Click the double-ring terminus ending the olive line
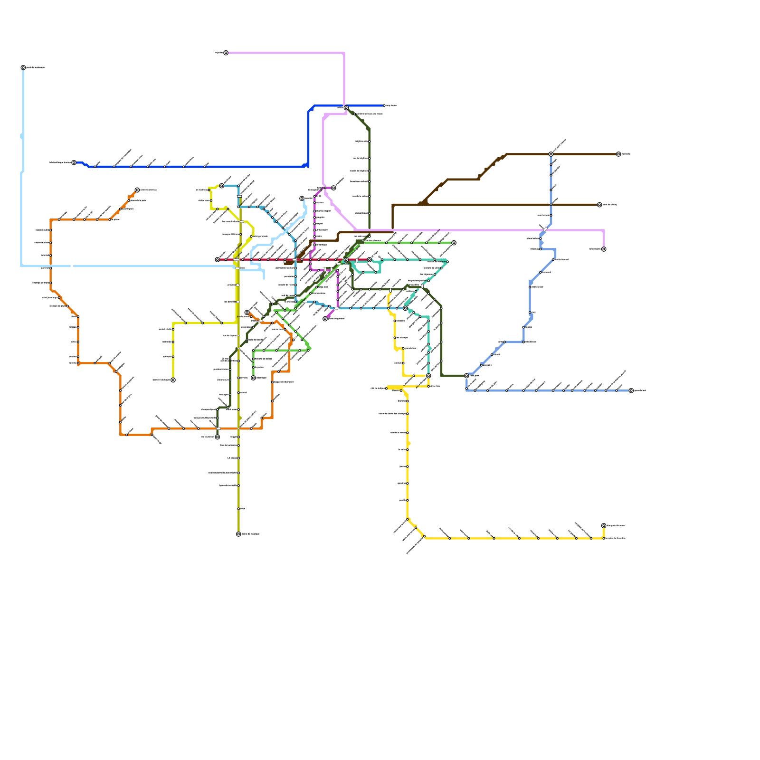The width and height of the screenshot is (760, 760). pos(238,534)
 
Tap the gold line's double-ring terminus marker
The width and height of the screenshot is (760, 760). pos(604,526)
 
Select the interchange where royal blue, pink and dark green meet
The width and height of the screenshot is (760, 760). pos(346,108)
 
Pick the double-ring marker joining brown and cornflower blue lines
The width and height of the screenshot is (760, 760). pos(551,154)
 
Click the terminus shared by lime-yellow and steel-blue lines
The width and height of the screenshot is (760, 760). pos(222,186)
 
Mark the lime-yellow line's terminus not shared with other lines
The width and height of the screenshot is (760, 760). pos(173,380)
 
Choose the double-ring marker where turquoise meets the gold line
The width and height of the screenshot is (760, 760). pos(428,376)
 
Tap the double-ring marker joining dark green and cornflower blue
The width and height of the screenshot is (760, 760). pos(466,376)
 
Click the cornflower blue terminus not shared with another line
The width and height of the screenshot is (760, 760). pos(631,390)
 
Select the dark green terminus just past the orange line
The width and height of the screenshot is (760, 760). pos(218,437)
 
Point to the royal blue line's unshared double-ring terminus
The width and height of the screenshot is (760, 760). pos(74,162)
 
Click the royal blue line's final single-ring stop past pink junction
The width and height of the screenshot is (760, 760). pos(384,105)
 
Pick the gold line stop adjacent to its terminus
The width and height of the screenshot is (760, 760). pos(604,538)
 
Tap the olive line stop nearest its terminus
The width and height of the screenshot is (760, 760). pos(238,509)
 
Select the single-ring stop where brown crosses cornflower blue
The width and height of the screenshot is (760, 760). pos(551,205)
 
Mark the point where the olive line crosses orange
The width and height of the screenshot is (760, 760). pos(238,428)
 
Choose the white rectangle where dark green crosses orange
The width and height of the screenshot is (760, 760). pos(218,428)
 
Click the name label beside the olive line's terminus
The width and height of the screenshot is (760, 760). pos(251,534)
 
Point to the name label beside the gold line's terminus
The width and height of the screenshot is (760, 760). pos(616,526)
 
